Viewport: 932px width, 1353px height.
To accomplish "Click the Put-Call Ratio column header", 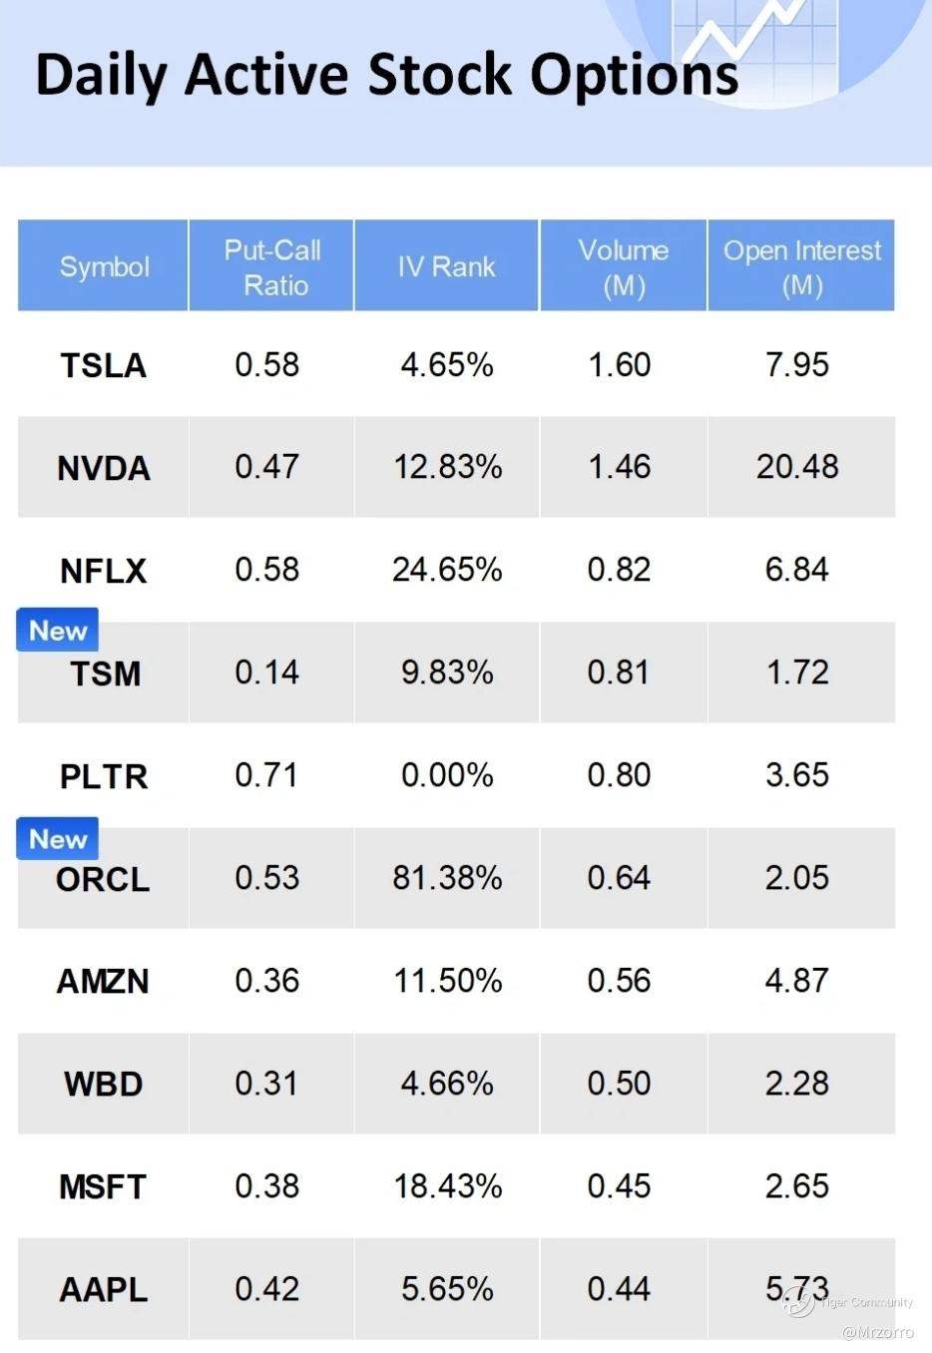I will coord(271,267).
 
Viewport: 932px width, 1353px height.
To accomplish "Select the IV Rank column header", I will coord(446,266).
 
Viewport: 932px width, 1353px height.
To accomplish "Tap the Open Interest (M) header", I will coord(801,267).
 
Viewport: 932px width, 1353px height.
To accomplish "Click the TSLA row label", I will coord(104,365).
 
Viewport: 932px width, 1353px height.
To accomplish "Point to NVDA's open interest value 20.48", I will coord(797,467).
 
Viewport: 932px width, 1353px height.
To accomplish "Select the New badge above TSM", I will coord(58,631).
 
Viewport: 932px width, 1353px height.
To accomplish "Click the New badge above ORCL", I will coord(58,839).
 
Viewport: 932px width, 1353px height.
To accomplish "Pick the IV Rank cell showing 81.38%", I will coord(447,878).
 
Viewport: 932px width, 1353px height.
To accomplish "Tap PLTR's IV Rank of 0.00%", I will coord(447,775).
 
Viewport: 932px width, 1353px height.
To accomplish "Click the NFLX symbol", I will coord(104,571).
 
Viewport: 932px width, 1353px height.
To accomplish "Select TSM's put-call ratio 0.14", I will coord(266,673).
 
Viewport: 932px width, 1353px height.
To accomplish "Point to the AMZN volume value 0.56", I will coord(619,981).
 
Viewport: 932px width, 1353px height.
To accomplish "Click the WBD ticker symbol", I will coord(104,1084).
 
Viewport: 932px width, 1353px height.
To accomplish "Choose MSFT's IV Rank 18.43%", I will coord(447,1186).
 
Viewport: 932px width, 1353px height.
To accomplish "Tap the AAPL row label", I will coord(104,1289).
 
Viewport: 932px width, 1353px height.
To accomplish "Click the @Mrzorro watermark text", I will coord(878,1332).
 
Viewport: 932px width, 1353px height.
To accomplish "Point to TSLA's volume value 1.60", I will coord(619,365).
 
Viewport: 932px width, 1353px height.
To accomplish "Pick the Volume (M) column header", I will coord(624,267).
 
